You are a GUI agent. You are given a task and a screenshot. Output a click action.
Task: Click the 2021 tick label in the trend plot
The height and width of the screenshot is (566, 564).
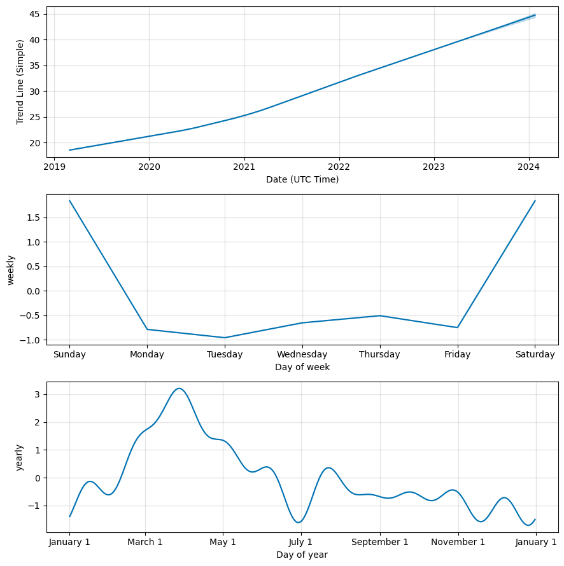(x=244, y=168)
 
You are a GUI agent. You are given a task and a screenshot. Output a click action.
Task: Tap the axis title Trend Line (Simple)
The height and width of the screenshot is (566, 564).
(x=20, y=81)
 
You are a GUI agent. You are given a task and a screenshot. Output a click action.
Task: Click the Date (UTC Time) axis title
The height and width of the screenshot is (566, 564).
(x=302, y=180)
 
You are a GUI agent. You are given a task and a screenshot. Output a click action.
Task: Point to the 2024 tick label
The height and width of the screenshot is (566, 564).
(x=529, y=168)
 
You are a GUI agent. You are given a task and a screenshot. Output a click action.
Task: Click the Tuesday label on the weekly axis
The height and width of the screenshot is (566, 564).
(x=225, y=355)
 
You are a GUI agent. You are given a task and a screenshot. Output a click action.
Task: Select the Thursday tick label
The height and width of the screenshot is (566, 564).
(x=379, y=355)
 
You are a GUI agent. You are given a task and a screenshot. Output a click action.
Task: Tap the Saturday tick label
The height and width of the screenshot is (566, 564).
(x=535, y=355)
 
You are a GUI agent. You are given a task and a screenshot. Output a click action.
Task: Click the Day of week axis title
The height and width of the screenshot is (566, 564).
(x=302, y=367)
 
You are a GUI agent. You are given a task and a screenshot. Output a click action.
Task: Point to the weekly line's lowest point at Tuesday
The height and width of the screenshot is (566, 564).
(x=225, y=338)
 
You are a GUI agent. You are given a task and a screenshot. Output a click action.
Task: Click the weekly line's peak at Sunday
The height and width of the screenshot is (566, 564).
(x=69, y=201)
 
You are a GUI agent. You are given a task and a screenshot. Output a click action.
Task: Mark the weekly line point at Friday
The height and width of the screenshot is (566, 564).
(x=457, y=328)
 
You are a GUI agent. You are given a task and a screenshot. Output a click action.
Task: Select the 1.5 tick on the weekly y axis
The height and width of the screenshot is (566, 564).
(x=34, y=217)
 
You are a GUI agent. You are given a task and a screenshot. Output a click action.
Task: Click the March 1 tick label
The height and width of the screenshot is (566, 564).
(x=145, y=542)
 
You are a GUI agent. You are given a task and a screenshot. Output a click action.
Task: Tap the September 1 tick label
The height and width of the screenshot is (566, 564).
(x=380, y=542)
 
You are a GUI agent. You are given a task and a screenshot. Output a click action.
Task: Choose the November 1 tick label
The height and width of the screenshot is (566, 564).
(x=458, y=542)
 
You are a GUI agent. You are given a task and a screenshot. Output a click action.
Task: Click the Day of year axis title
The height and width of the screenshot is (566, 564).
(x=302, y=555)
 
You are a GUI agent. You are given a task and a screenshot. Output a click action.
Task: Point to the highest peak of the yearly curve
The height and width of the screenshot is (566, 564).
(x=180, y=389)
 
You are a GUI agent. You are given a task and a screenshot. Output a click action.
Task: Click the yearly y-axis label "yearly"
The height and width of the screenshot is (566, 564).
(x=20, y=457)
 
